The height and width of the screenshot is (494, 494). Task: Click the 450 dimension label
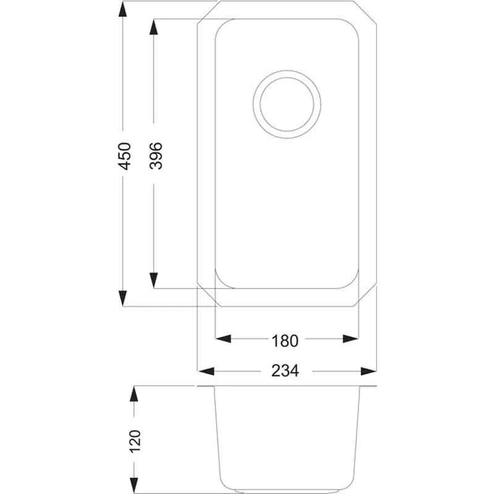pyautogui.click(x=125, y=156)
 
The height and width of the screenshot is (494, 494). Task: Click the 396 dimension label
pyautogui.click(x=155, y=156)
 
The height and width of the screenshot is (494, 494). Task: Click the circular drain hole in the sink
pyautogui.click(x=288, y=103)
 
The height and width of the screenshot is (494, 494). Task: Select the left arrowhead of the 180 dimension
pyautogui.click(x=223, y=338)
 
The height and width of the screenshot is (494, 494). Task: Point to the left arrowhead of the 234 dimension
pyautogui.click(x=205, y=371)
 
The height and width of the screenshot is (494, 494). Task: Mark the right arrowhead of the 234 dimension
pyautogui.click(x=369, y=371)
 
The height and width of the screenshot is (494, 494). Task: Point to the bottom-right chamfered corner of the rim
pyautogui.click(x=368, y=297)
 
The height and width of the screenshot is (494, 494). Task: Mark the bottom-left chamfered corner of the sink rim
pyautogui.click(x=206, y=297)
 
